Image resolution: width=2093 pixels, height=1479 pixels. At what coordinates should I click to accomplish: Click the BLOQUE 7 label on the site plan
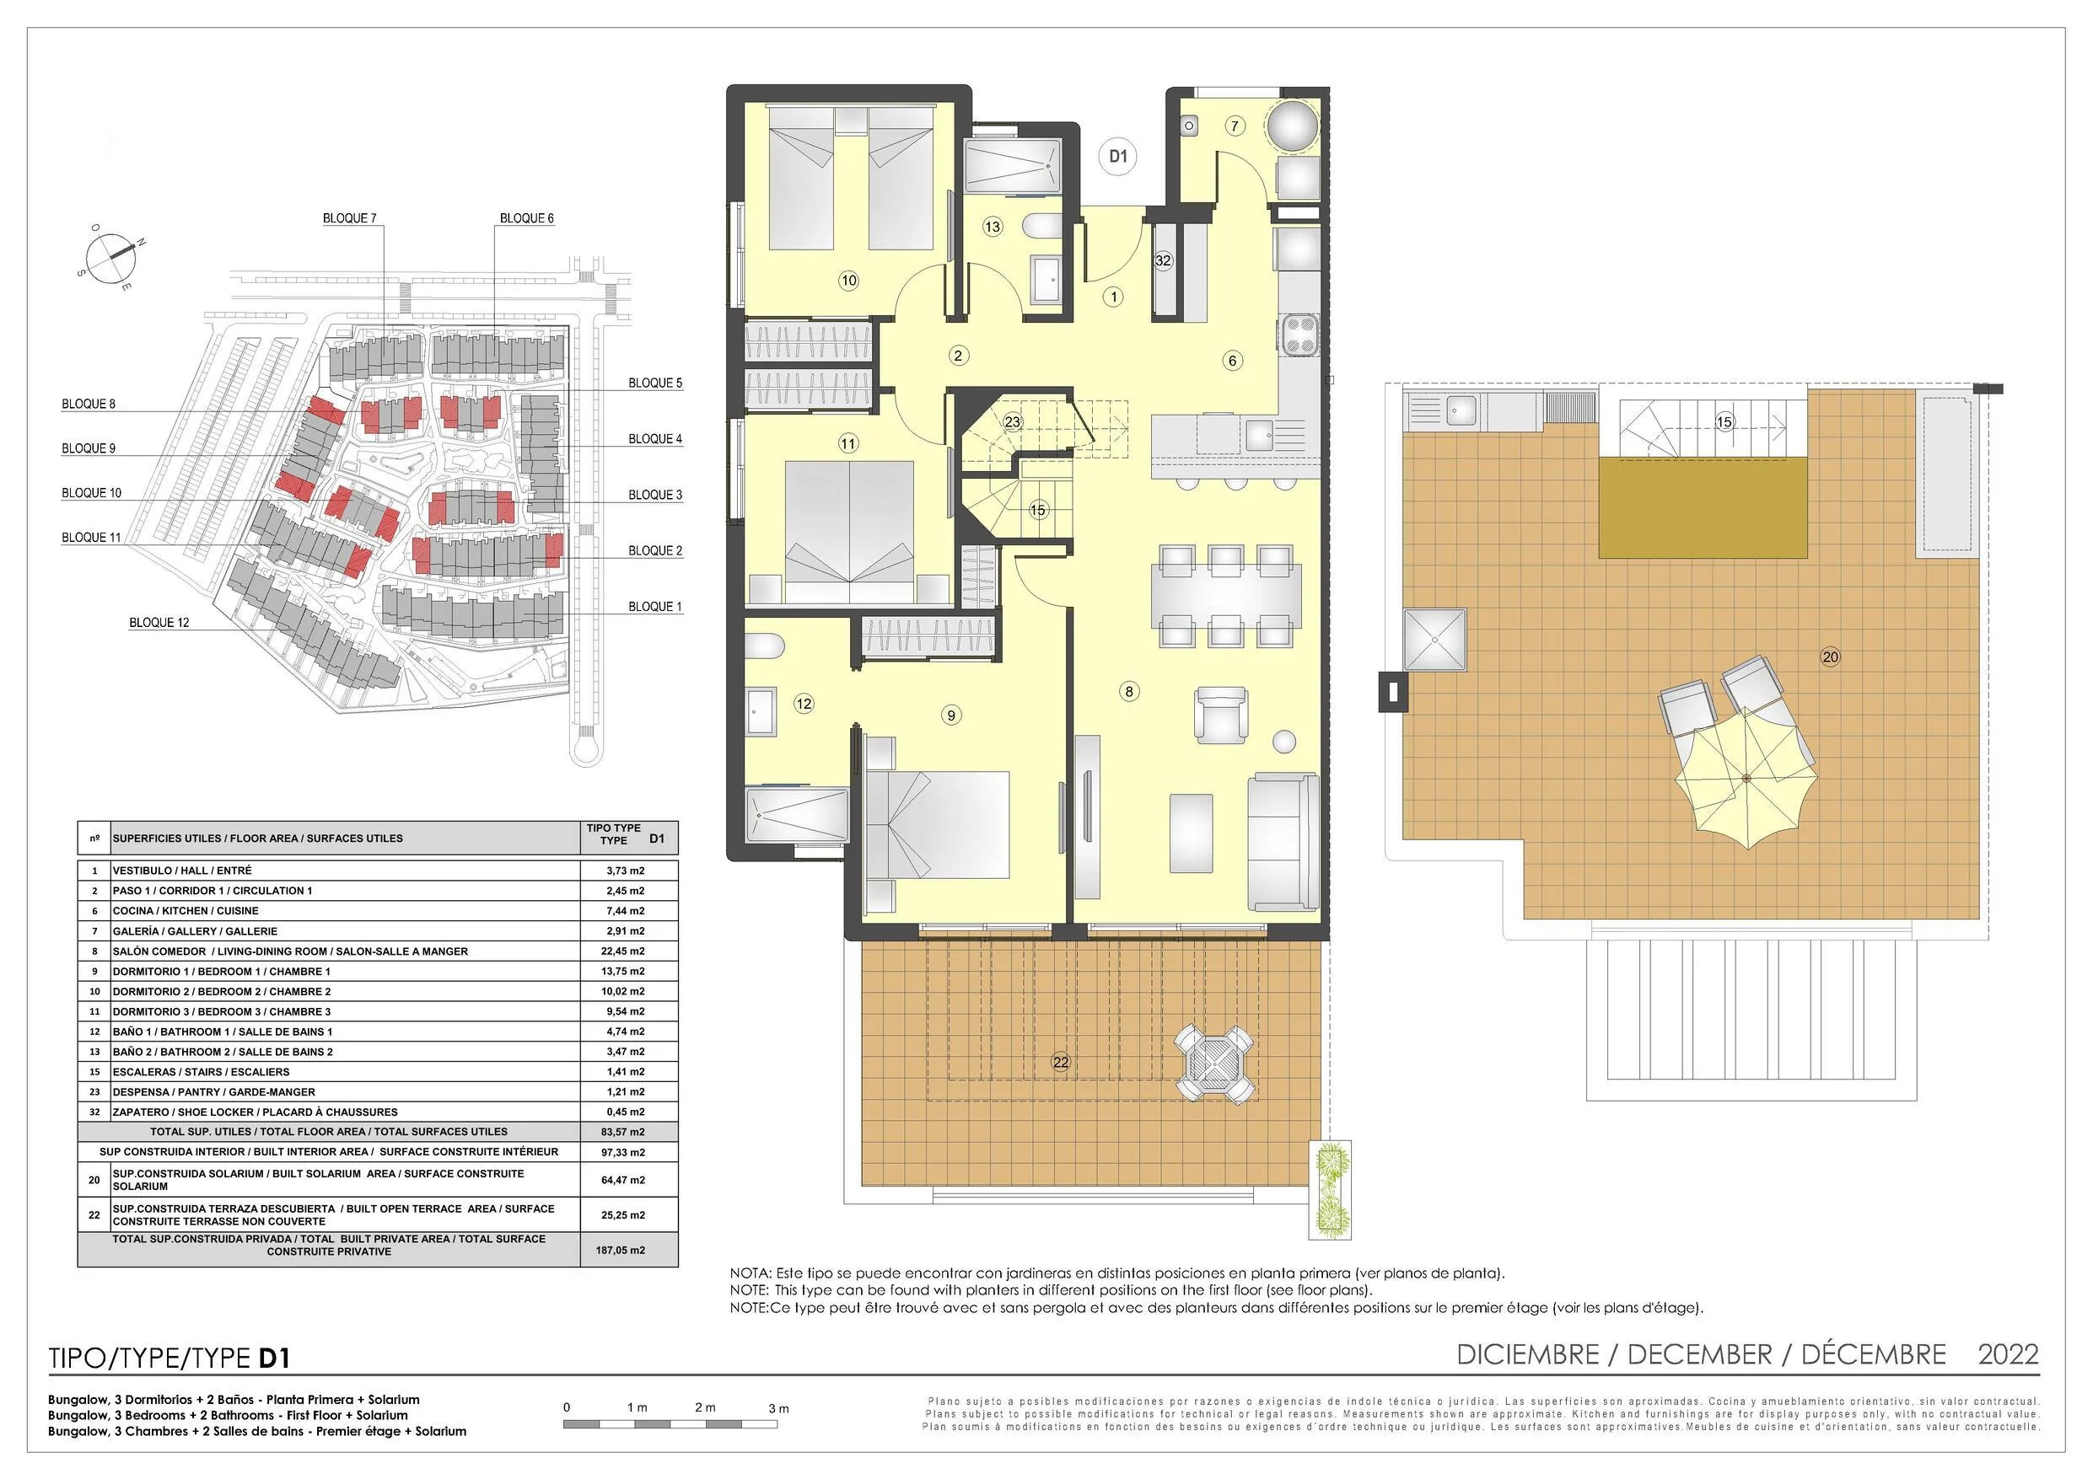(x=349, y=219)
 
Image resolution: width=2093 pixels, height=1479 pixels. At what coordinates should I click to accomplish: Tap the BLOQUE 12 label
(x=159, y=624)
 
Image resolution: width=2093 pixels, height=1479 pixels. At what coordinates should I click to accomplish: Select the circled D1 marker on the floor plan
(x=1117, y=157)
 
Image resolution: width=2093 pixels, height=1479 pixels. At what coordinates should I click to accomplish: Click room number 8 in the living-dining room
(x=1128, y=692)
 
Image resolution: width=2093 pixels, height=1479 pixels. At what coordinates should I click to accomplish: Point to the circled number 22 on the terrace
(x=1060, y=1062)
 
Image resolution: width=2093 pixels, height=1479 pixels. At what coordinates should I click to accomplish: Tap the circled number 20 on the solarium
(x=1830, y=657)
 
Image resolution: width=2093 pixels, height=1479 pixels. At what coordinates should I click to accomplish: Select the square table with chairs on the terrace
(x=1215, y=1063)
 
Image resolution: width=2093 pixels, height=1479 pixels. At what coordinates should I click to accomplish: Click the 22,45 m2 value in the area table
(x=626, y=951)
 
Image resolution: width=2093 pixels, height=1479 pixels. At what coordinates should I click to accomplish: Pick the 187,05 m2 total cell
(x=621, y=1251)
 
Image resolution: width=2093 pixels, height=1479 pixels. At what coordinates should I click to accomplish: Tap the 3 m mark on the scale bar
(x=778, y=1409)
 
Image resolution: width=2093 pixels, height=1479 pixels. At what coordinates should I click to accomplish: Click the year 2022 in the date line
(x=2008, y=1355)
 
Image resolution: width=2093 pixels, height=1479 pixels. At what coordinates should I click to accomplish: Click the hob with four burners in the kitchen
(x=1299, y=335)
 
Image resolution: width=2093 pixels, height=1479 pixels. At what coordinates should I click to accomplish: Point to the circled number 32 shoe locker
(x=1162, y=260)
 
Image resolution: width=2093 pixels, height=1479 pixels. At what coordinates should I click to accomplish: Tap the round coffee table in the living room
(x=1283, y=742)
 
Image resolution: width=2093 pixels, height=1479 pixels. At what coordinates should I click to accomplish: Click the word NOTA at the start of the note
(x=751, y=1274)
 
